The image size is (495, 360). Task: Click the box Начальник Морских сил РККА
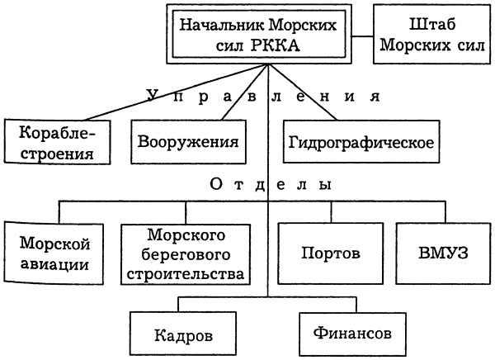click(x=258, y=36)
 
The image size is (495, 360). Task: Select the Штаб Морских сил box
click(x=432, y=36)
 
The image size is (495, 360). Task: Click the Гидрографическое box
click(x=361, y=141)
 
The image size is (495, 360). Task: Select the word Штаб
click(x=432, y=26)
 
